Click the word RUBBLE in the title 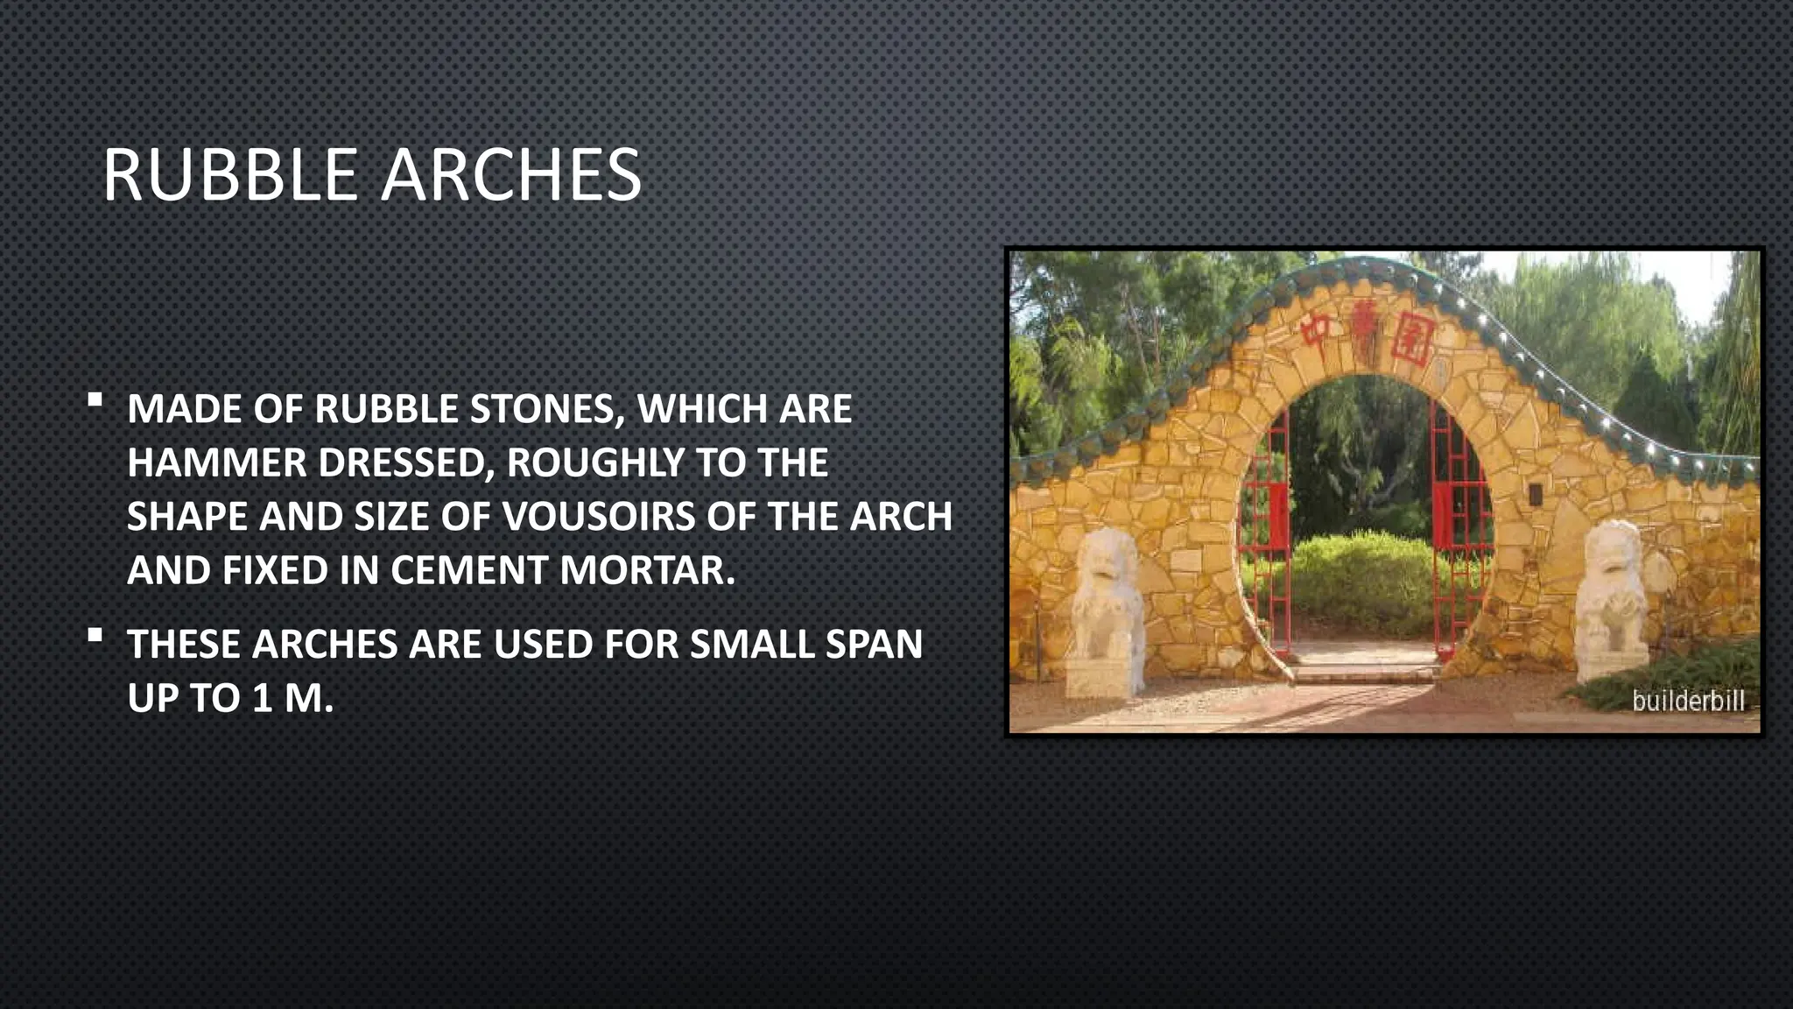click(230, 175)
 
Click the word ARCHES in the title click(511, 175)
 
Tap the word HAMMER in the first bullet click(215, 463)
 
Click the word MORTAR click(647, 571)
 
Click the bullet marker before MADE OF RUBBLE click(95, 401)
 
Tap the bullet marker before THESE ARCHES click(95, 636)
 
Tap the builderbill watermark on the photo click(1688, 701)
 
